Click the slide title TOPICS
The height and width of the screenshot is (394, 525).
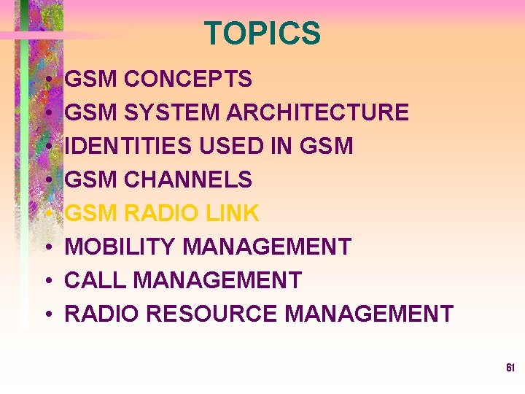pyautogui.click(x=262, y=34)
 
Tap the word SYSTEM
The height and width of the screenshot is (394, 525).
pyautogui.click(x=171, y=112)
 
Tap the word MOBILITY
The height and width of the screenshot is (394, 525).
pyautogui.click(x=120, y=247)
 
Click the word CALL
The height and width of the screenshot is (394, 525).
pyautogui.click(x=89, y=280)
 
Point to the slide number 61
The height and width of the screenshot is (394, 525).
pyautogui.click(x=510, y=368)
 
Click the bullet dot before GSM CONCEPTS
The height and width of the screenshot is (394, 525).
pyautogui.click(x=47, y=80)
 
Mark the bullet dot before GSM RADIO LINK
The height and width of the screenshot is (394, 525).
pyautogui.click(x=47, y=214)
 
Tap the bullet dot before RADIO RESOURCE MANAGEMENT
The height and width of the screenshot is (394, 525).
pyautogui.click(x=47, y=314)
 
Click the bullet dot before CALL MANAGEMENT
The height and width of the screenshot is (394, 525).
pyautogui.click(x=47, y=281)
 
